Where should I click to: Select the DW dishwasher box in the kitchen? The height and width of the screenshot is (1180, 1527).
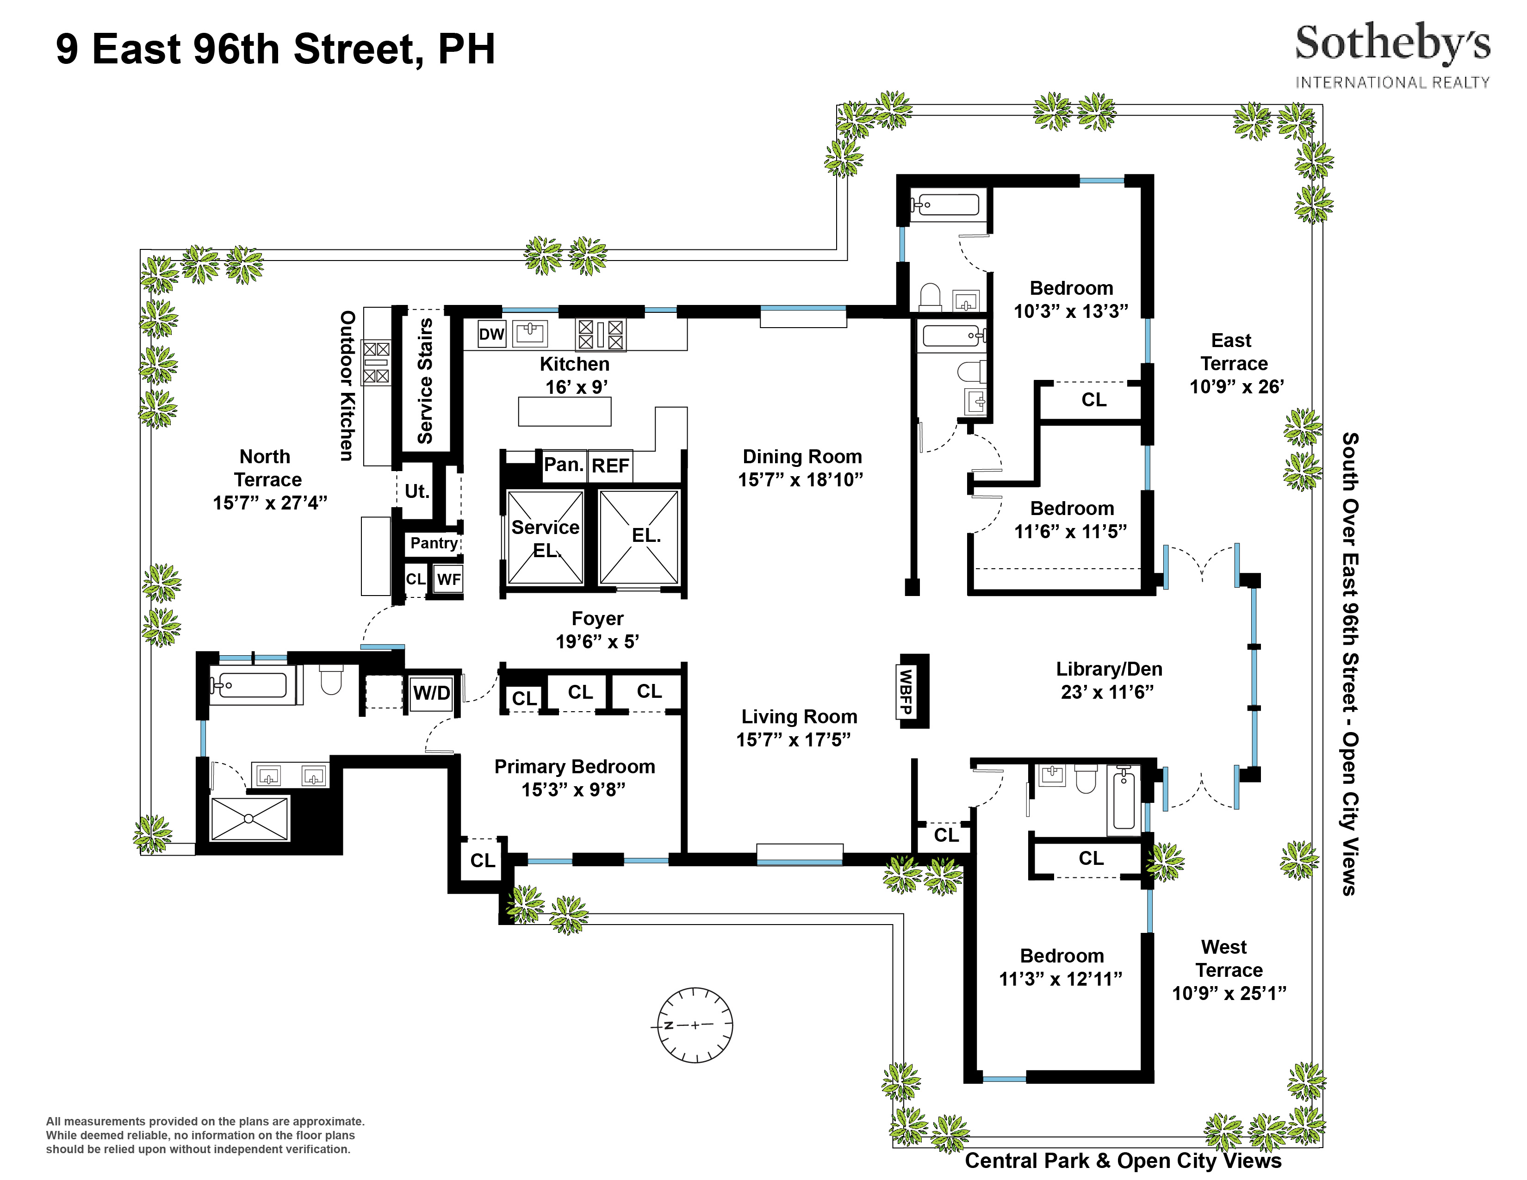491,334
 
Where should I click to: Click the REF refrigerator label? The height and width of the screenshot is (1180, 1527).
610,466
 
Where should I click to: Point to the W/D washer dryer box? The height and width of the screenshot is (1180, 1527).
431,693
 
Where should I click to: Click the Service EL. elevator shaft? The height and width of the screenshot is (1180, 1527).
546,537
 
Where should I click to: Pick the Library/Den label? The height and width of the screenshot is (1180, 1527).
1109,669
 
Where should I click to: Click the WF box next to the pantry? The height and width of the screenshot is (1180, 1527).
448,579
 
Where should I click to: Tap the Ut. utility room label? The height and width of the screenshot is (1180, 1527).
417,491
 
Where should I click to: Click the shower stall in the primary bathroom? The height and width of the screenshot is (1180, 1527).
249,818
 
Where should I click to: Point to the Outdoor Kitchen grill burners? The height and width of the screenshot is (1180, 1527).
375,363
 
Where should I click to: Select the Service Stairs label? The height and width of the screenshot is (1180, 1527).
424,381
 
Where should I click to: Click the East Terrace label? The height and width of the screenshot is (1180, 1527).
1233,352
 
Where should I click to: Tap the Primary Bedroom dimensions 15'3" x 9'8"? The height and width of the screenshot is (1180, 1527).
573,789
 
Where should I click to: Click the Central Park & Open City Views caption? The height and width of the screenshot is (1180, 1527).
1123,1161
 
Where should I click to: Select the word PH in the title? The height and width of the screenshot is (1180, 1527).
466,49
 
